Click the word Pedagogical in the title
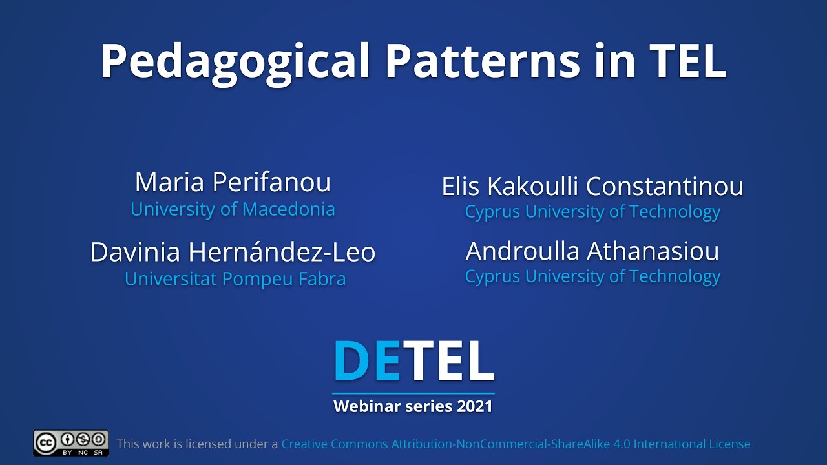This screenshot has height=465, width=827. click(x=235, y=61)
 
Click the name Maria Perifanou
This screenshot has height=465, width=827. click(x=233, y=182)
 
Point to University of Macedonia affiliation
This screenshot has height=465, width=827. click(x=233, y=209)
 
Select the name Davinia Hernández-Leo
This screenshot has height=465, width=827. click(x=233, y=252)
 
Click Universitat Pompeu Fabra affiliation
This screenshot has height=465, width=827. click(x=235, y=279)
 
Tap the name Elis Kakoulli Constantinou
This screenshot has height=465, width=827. click(x=592, y=187)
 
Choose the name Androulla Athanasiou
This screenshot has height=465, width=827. click(x=592, y=251)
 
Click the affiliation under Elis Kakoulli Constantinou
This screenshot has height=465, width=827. click(x=592, y=212)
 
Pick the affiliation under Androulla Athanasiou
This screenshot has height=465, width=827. click(x=592, y=276)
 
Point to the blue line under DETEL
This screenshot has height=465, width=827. click(x=413, y=393)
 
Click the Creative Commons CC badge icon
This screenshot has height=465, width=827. click(x=71, y=443)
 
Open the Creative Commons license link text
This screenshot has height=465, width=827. click(x=516, y=444)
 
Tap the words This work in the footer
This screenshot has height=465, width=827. click(x=143, y=444)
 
